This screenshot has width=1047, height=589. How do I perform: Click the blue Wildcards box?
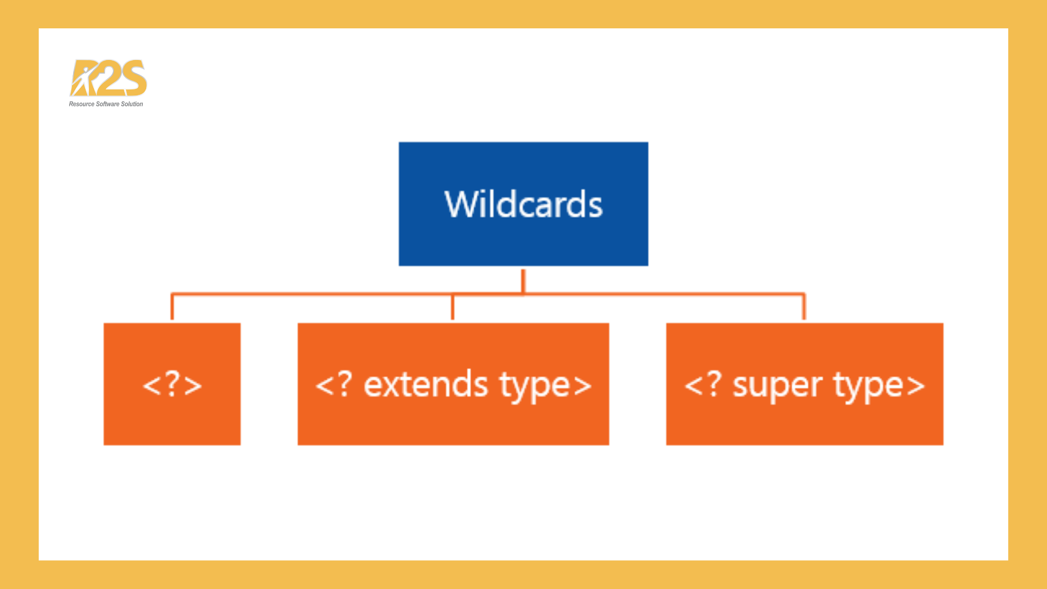tap(523, 204)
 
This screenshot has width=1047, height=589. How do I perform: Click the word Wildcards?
tap(523, 205)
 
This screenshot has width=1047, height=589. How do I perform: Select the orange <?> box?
tap(172, 384)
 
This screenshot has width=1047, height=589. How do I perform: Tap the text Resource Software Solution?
tap(106, 104)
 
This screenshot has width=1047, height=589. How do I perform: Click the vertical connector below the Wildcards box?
tap(523, 281)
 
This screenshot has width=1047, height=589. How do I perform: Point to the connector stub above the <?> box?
tap(172, 306)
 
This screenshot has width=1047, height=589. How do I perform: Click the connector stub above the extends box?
tap(453, 307)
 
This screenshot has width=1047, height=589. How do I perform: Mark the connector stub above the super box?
tap(804, 306)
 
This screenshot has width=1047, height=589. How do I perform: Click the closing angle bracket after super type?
tap(916, 386)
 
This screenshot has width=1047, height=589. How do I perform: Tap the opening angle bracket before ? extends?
tap(324, 386)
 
